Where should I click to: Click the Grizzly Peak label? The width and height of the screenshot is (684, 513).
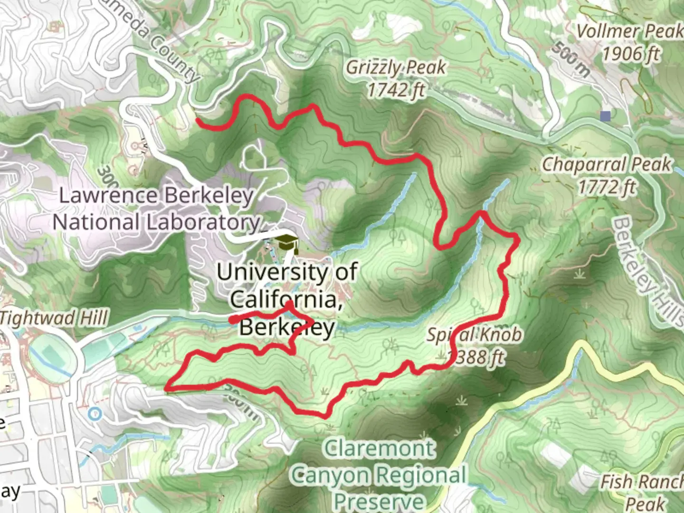396,68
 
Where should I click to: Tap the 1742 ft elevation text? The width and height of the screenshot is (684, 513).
396,90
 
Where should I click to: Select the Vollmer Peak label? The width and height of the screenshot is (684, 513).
629,31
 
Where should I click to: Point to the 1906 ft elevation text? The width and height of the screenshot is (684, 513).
631,53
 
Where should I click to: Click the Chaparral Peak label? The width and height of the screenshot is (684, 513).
607,164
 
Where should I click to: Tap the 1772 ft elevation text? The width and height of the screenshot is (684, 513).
607,187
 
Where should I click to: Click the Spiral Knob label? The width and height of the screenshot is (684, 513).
474,335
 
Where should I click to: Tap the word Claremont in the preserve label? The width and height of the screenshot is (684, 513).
379,448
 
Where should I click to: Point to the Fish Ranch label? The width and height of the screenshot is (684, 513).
641,482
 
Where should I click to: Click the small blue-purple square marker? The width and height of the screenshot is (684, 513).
605,115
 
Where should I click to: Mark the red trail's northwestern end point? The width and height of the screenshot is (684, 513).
198,120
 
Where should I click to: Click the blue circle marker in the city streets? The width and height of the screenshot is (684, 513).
95,413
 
